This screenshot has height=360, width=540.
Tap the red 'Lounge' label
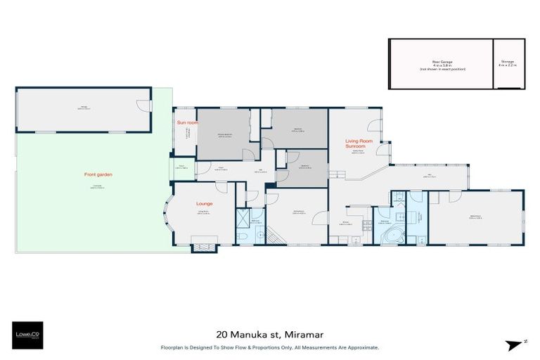click(x=205, y=203)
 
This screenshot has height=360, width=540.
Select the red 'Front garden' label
click(x=101, y=174)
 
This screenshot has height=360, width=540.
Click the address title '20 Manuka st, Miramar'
click(x=269, y=336)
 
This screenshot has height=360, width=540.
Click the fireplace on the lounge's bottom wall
click(x=205, y=245)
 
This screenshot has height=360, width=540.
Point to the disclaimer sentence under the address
click(x=269, y=347)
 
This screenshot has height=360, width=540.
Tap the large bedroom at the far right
click(x=476, y=218)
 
